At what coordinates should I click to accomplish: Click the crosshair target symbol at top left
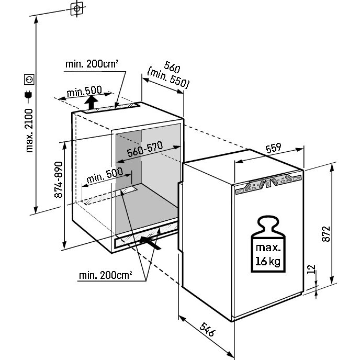(x=77, y=9)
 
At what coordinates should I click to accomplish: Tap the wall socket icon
(x=29, y=80)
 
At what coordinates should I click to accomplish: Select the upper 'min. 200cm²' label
(x=92, y=64)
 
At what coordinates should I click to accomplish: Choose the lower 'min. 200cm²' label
(x=105, y=274)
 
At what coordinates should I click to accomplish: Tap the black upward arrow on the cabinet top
(x=92, y=102)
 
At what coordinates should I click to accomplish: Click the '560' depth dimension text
(x=172, y=68)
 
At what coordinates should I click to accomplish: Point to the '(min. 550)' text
(x=168, y=78)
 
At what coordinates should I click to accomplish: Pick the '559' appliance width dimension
(x=274, y=148)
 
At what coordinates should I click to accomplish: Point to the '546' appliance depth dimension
(x=208, y=330)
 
